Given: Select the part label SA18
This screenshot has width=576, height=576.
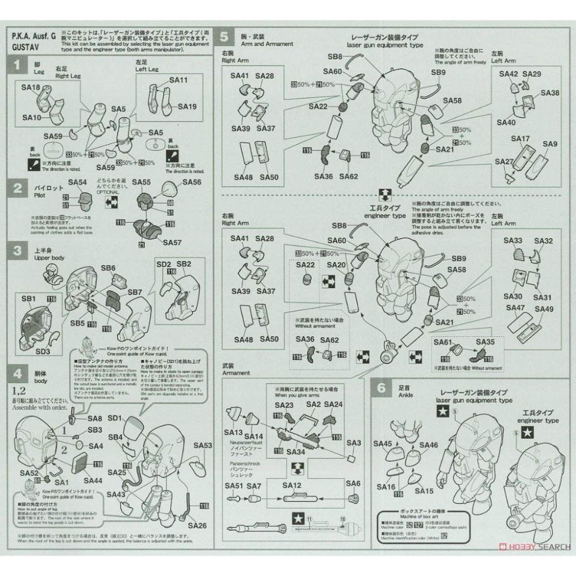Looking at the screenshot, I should click(30, 88).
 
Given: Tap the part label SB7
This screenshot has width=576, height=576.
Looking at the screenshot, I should click(135, 293).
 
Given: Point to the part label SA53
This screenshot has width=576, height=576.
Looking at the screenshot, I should click(203, 445).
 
